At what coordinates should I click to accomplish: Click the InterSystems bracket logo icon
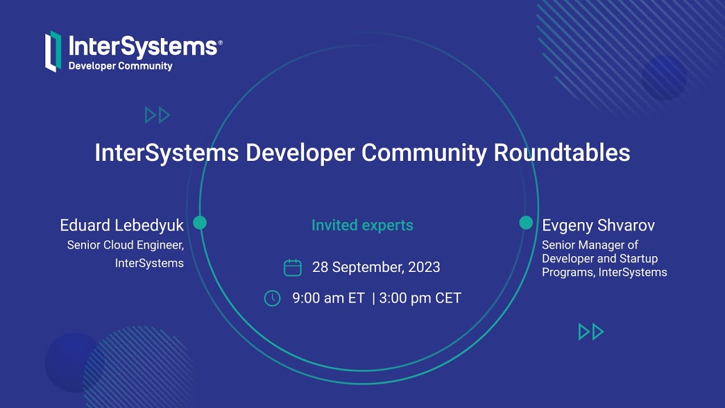(x=53, y=51)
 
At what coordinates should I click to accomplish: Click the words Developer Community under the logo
(x=120, y=66)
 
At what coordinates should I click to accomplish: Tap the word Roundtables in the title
(x=561, y=153)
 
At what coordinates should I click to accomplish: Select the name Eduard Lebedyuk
(x=122, y=226)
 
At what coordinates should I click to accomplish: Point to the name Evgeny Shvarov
(x=598, y=226)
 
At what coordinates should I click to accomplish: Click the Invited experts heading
(x=362, y=225)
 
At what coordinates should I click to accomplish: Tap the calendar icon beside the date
(x=292, y=267)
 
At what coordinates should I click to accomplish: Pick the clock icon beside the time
(x=272, y=298)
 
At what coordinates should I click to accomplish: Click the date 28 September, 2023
(x=376, y=267)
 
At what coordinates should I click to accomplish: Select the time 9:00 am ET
(x=329, y=298)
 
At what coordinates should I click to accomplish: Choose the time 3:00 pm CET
(x=420, y=298)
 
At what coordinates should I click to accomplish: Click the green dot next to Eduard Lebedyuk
(x=199, y=223)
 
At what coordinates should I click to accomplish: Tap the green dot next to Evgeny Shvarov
(x=526, y=223)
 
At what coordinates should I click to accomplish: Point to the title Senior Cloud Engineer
(x=125, y=245)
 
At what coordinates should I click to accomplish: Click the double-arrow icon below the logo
(x=157, y=115)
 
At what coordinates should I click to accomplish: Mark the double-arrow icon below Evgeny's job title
(x=591, y=331)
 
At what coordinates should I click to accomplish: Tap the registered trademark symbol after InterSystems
(x=220, y=42)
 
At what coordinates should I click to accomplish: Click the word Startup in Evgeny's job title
(x=638, y=258)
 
